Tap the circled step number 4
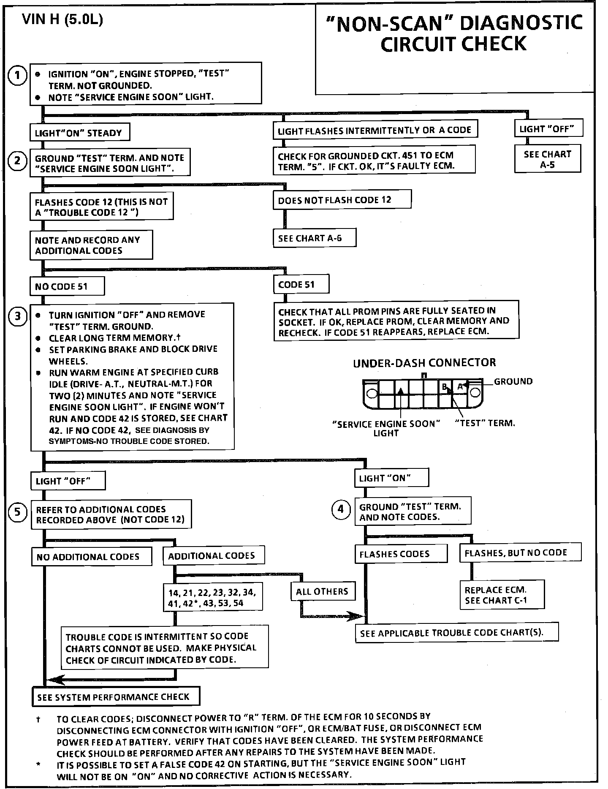341,509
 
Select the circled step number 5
17,512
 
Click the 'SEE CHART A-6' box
314,238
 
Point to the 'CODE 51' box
301,285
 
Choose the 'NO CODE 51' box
67,287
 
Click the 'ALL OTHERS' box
323,591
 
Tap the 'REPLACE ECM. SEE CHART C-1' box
502,595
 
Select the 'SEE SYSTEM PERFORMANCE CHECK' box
116,697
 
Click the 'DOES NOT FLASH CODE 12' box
342,200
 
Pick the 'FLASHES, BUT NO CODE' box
520,553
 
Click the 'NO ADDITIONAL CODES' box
92,557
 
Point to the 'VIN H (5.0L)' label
62,20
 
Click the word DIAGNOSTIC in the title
521,23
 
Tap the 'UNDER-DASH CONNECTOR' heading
424,362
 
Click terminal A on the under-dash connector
460,386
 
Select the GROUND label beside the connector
513,381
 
